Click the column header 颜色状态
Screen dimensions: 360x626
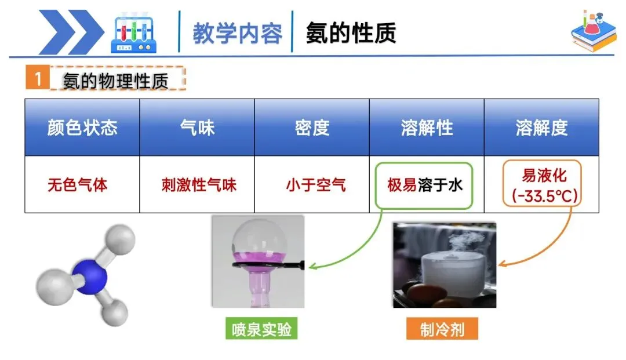pos(82,128)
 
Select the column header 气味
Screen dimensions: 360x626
pos(197,128)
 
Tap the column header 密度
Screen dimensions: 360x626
pos(312,128)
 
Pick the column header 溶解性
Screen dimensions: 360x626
pos(427,128)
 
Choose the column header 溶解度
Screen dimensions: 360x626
pos(541,128)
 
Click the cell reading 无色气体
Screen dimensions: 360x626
pos(78,186)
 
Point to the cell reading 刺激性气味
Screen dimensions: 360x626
pos(199,186)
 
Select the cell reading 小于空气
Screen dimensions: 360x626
pos(315,186)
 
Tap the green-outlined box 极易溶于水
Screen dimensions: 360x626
pos(424,186)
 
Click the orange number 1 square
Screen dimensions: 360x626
pos(38,79)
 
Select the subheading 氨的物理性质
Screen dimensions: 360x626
pos(116,81)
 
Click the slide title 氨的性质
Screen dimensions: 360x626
pos(351,33)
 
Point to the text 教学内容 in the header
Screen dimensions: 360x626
pos(238,34)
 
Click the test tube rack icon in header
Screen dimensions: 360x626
pos(134,34)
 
